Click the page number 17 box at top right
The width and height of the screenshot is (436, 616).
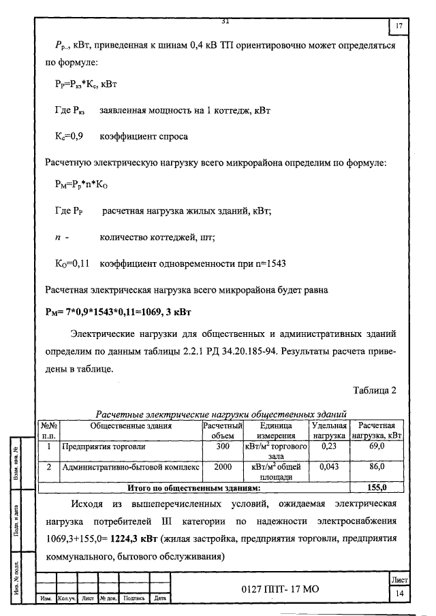[x=399, y=27]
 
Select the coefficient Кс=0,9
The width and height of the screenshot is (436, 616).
[x=69, y=136]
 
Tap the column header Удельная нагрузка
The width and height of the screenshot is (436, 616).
[x=329, y=430]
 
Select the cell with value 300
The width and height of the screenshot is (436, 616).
[x=222, y=447]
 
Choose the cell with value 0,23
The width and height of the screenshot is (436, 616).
[x=329, y=447]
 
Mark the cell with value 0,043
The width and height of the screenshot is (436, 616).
[x=329, y=468]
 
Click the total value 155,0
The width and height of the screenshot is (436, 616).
[x=377, y=487]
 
